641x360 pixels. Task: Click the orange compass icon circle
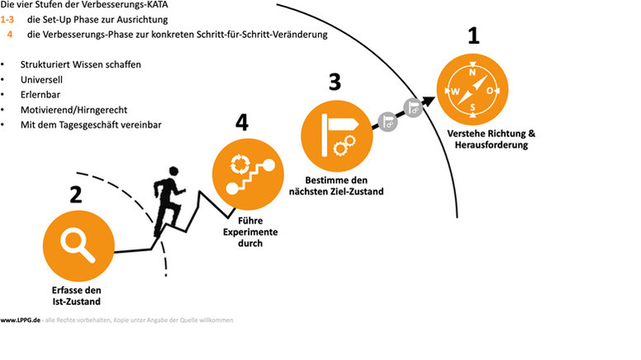click(472, 89)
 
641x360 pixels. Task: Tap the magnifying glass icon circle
click(78, 245)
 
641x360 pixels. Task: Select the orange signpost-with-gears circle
click(337, 136)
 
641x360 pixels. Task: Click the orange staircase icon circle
click(248, 174)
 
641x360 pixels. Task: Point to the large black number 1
click(473, 36)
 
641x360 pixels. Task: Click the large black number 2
click(76, 195)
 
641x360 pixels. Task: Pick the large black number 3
click(335, 82)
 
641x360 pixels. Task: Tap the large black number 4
click(242, 122)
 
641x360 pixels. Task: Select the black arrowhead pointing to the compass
click(429, 101)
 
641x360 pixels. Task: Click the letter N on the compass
click(472, 73)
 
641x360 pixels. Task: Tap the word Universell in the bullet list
click(41, 80)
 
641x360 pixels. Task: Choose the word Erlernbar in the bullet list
click(40, 95)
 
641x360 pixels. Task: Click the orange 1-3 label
click(7, 20)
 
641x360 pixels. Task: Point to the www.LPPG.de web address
click(21, 320)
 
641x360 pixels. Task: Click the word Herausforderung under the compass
click(491, 144)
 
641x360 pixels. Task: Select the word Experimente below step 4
click(250, 232)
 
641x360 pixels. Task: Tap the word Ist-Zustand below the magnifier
click(77, 301)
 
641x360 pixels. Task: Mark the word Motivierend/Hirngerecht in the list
click(74, 110)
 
